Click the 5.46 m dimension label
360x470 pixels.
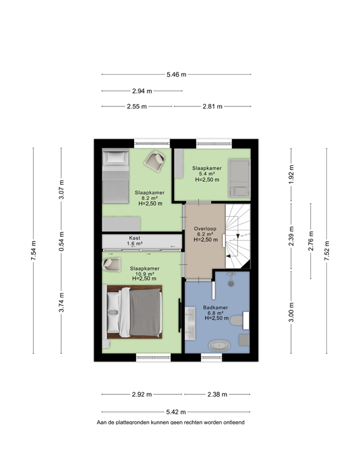pyautogui.click(x=176, y=74)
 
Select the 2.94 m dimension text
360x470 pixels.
pyautogui.click(x=142, y=91)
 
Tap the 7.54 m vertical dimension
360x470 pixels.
pyautogui.click(x=33, y=250)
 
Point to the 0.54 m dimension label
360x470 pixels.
pyautogui.click(x=61, y=241)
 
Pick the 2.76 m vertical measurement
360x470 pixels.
pyautogui.click(x=311, y=241)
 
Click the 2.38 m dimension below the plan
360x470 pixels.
pyautogui.click(x=217, y=394)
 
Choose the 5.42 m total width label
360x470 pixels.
pyautogui.click(x=176, y=412)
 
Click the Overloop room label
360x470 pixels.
pyautogui.click(x=205, y=229)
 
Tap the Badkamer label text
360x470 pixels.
pyautogui.click(x=216, y=307)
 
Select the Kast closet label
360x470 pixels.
pyautogui.click(x=135, y=238)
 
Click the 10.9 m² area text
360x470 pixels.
pyautogui.click(x=144, y=274)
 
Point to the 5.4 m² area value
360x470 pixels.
pyautogui.click(x=207, y=174)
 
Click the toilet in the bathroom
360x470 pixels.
pyautogui.click(x=239, y=321)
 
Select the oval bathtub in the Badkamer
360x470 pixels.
pyautogui.click(x=220, y=346)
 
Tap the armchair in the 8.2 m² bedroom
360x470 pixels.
pyautogui.click(x=155, y=161)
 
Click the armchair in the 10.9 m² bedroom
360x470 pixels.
pyautogui.click(x=111, y=264)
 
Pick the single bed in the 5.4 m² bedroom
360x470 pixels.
pyautogui.click(x=239, y=178)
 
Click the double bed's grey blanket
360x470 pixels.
pyautogui.click(x=146, y=312)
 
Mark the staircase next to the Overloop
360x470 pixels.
pyautogui.click(x=238, y=236)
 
